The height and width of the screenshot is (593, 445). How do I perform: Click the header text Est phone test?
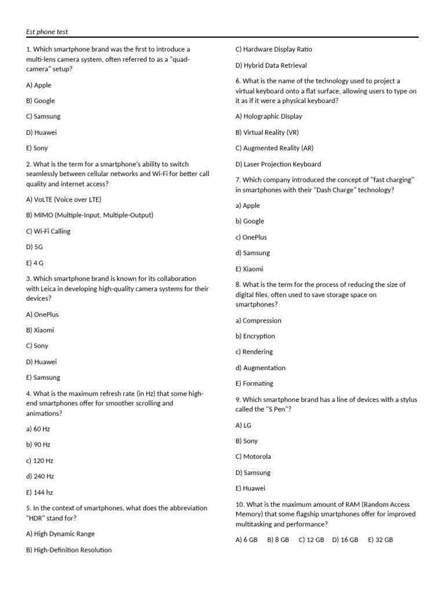pyautogui.click(x=47, y=32)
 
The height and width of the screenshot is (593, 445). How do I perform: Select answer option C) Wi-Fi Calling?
pyautogui.click(x=48, y=231)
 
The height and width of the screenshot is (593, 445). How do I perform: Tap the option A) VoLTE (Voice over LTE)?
pyautogui.click(x=64, y=199)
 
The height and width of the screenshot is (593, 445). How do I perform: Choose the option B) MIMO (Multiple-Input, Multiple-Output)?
pyautogui.click(x=90, y=215)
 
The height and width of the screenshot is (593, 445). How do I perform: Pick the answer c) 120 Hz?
pyautogui.click(x=39, y=460)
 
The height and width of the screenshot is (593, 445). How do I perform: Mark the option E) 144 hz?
pyautogui.click(x=39, y=492)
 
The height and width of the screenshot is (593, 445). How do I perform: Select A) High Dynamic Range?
pyautogui.click(x=60, y=534)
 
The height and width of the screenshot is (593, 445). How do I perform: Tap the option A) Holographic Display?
pyautogui.click(x=269, y=116)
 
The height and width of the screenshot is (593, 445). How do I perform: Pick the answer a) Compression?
pyautogui.click(x=258, y=320)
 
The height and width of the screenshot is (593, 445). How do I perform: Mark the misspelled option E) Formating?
pyautogui.click(x=254, y=383)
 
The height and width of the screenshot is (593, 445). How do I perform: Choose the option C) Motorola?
pyautogui.click(x=253, y=456)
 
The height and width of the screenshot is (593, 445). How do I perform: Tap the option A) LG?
pyautogui.click(x=243, y=425)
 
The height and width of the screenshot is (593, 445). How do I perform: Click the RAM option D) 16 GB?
pyautogui.click(x=345, y=540)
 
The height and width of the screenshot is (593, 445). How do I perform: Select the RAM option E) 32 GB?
pyautogui.click(x=380, y=540)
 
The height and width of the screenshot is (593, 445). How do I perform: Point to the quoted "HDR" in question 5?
pyautogui.click(x=37, y=518)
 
